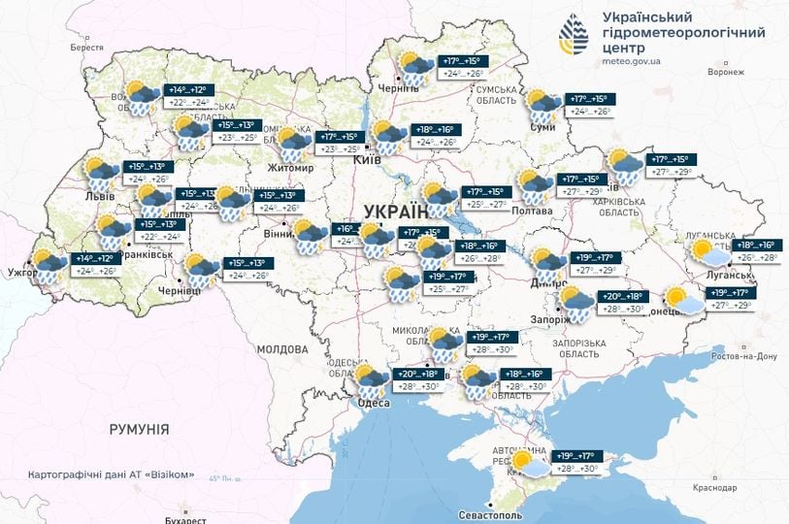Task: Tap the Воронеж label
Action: [725, 72]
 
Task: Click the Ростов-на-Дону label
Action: [743, 356]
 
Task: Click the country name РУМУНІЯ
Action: [139, 428]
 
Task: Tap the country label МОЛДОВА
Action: [282, 348]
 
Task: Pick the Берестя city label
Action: [86, 48]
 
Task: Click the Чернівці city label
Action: [179, 290]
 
